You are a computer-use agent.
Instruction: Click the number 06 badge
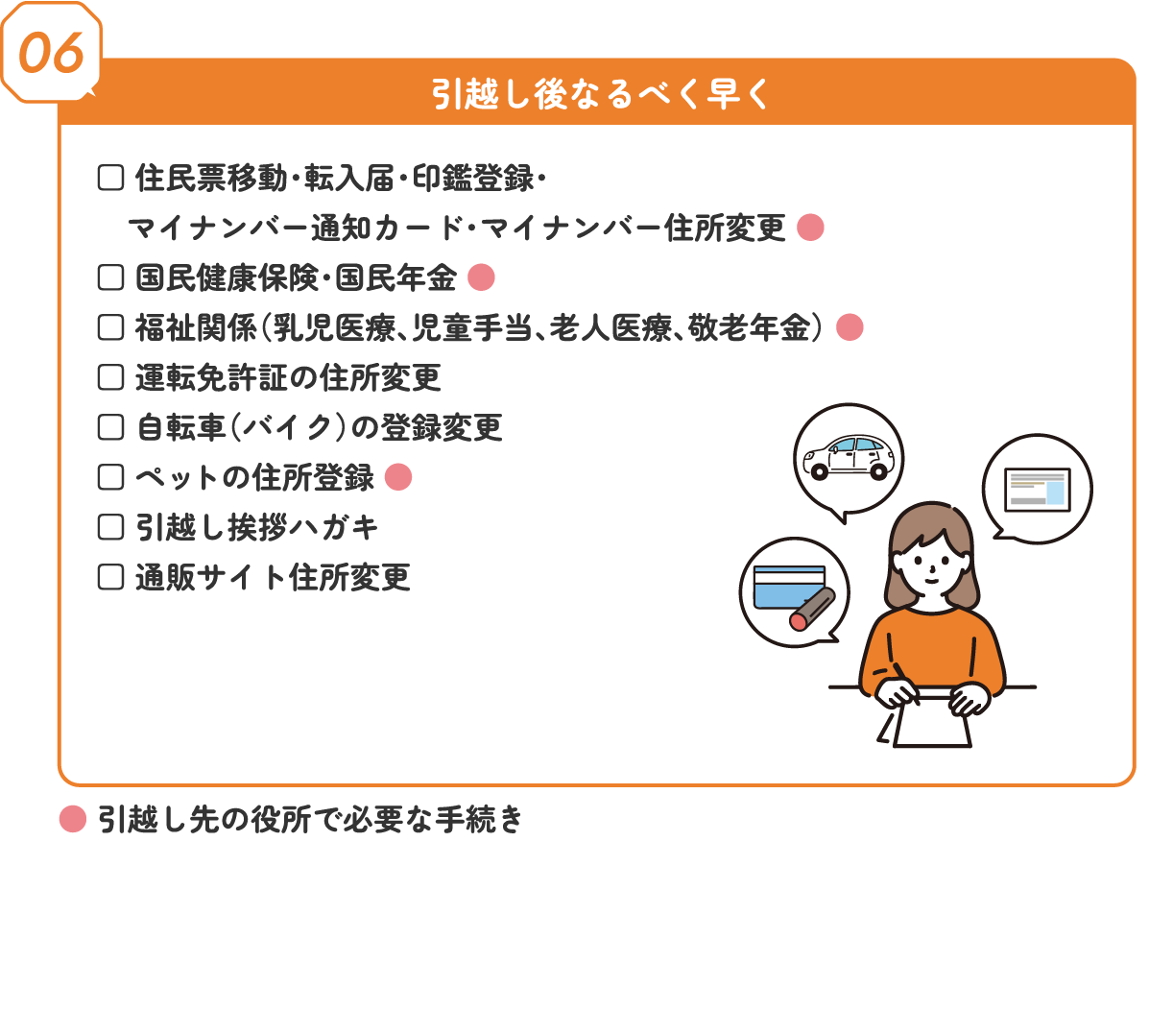pyautogui.click(x=51, y=52)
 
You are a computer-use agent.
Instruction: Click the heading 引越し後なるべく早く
pyautogui.click(x=599, y=94)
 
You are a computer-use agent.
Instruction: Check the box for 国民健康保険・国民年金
pyautogui.click(x=110, y=278)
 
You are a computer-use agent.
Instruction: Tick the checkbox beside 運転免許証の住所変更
pyautogui.click(x=110, y=377)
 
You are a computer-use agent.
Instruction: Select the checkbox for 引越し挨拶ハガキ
pyautogui.click(x=110, y=527)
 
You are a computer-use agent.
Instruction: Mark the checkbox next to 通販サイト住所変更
pyautogui.click(x=110, y=577)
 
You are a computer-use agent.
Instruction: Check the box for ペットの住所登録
pyautogui.click(x=110, y=477)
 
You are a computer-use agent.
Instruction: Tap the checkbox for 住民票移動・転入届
pyautogui.click(x=110, y=178)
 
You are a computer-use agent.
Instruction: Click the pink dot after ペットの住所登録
pyautogui.click(x=398, y=477)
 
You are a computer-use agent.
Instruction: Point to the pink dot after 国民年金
pyautogui.click(x=481, y=277)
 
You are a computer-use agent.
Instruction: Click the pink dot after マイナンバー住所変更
pyautogui.click(x=810, y=228)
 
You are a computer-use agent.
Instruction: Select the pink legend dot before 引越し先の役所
pyautogui.click(x=73, y=819)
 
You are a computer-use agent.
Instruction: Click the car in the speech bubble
pyautogui.click(x=849, y=458)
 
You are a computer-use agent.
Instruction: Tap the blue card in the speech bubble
pyautogui.click(x=789, y=587)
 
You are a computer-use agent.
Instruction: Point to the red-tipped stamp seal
pyautogui.click(x=812, y=610)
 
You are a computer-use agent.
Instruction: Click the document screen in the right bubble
pyautogui.click(x=1038, y=490)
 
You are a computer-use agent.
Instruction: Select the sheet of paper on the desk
pyautogui.click(x=932, y=718)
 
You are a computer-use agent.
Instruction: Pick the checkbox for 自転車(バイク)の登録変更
pyautogui.click(x=110, y=427)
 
